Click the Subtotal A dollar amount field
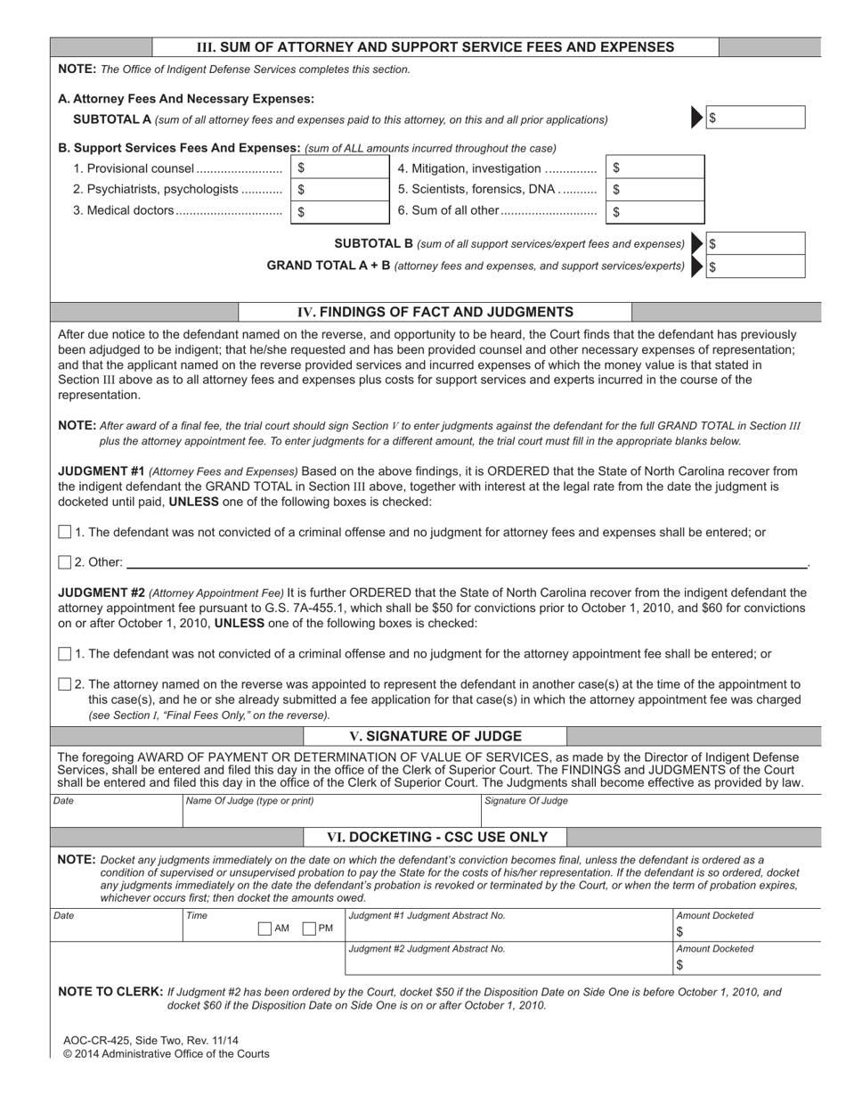point(756,118)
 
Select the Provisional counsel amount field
point(339,168)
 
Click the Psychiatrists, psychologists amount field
point(339,190)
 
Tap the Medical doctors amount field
point(339,212)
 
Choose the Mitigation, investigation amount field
point(655,168)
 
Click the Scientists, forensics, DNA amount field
point(655,190)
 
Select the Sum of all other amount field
point(655,212)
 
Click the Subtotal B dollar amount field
point(756,244)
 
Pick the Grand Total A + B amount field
point(756,266)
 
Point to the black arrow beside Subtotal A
point(697,118)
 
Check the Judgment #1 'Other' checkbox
point(64,562)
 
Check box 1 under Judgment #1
point(64,532)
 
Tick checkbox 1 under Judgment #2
point(64,654)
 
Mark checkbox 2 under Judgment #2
point(64,684)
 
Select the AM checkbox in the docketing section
point(264,928)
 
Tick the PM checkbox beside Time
point(310,928)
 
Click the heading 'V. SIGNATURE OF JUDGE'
point(435,737)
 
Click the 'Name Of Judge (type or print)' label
point(249,801)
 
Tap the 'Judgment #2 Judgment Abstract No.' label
point(427,949)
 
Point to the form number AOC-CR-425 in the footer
point(98,1040)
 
